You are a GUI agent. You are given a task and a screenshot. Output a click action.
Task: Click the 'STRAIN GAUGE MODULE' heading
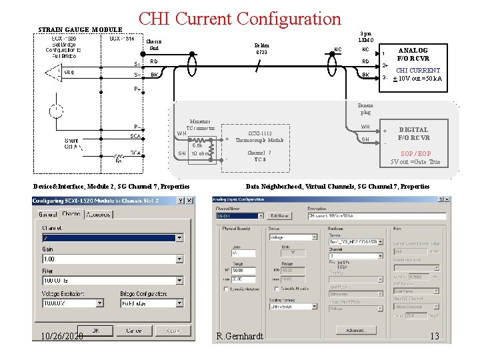[x=80, y=30]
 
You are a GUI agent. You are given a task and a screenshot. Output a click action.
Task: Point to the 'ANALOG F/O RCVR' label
[x=413, y=54]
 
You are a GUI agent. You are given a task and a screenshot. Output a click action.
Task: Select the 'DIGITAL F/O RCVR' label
[x=413, y=133]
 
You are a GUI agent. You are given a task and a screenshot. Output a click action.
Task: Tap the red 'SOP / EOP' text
[x=415, y=153]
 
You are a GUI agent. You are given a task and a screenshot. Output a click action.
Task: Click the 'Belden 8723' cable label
[x=261, y=49]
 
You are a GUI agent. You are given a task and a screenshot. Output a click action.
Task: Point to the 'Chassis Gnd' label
[x=154, y=45]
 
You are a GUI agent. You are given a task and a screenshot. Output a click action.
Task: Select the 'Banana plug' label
[x=365, y=109]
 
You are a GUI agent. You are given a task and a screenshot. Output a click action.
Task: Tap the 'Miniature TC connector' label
[x=200, y=124]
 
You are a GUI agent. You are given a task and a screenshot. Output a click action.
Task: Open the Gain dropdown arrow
[x=179, y=259]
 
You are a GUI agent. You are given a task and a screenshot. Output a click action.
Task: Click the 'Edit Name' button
[x=279, y=216]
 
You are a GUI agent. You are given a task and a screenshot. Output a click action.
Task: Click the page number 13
[x=434, y=336]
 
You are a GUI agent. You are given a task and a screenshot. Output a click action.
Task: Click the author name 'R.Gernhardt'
[x=240, y=336]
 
